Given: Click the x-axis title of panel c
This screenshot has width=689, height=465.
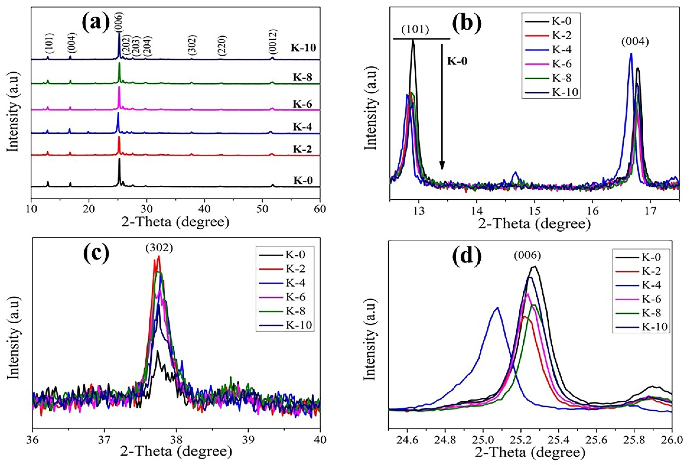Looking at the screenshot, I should tap(176, 454).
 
